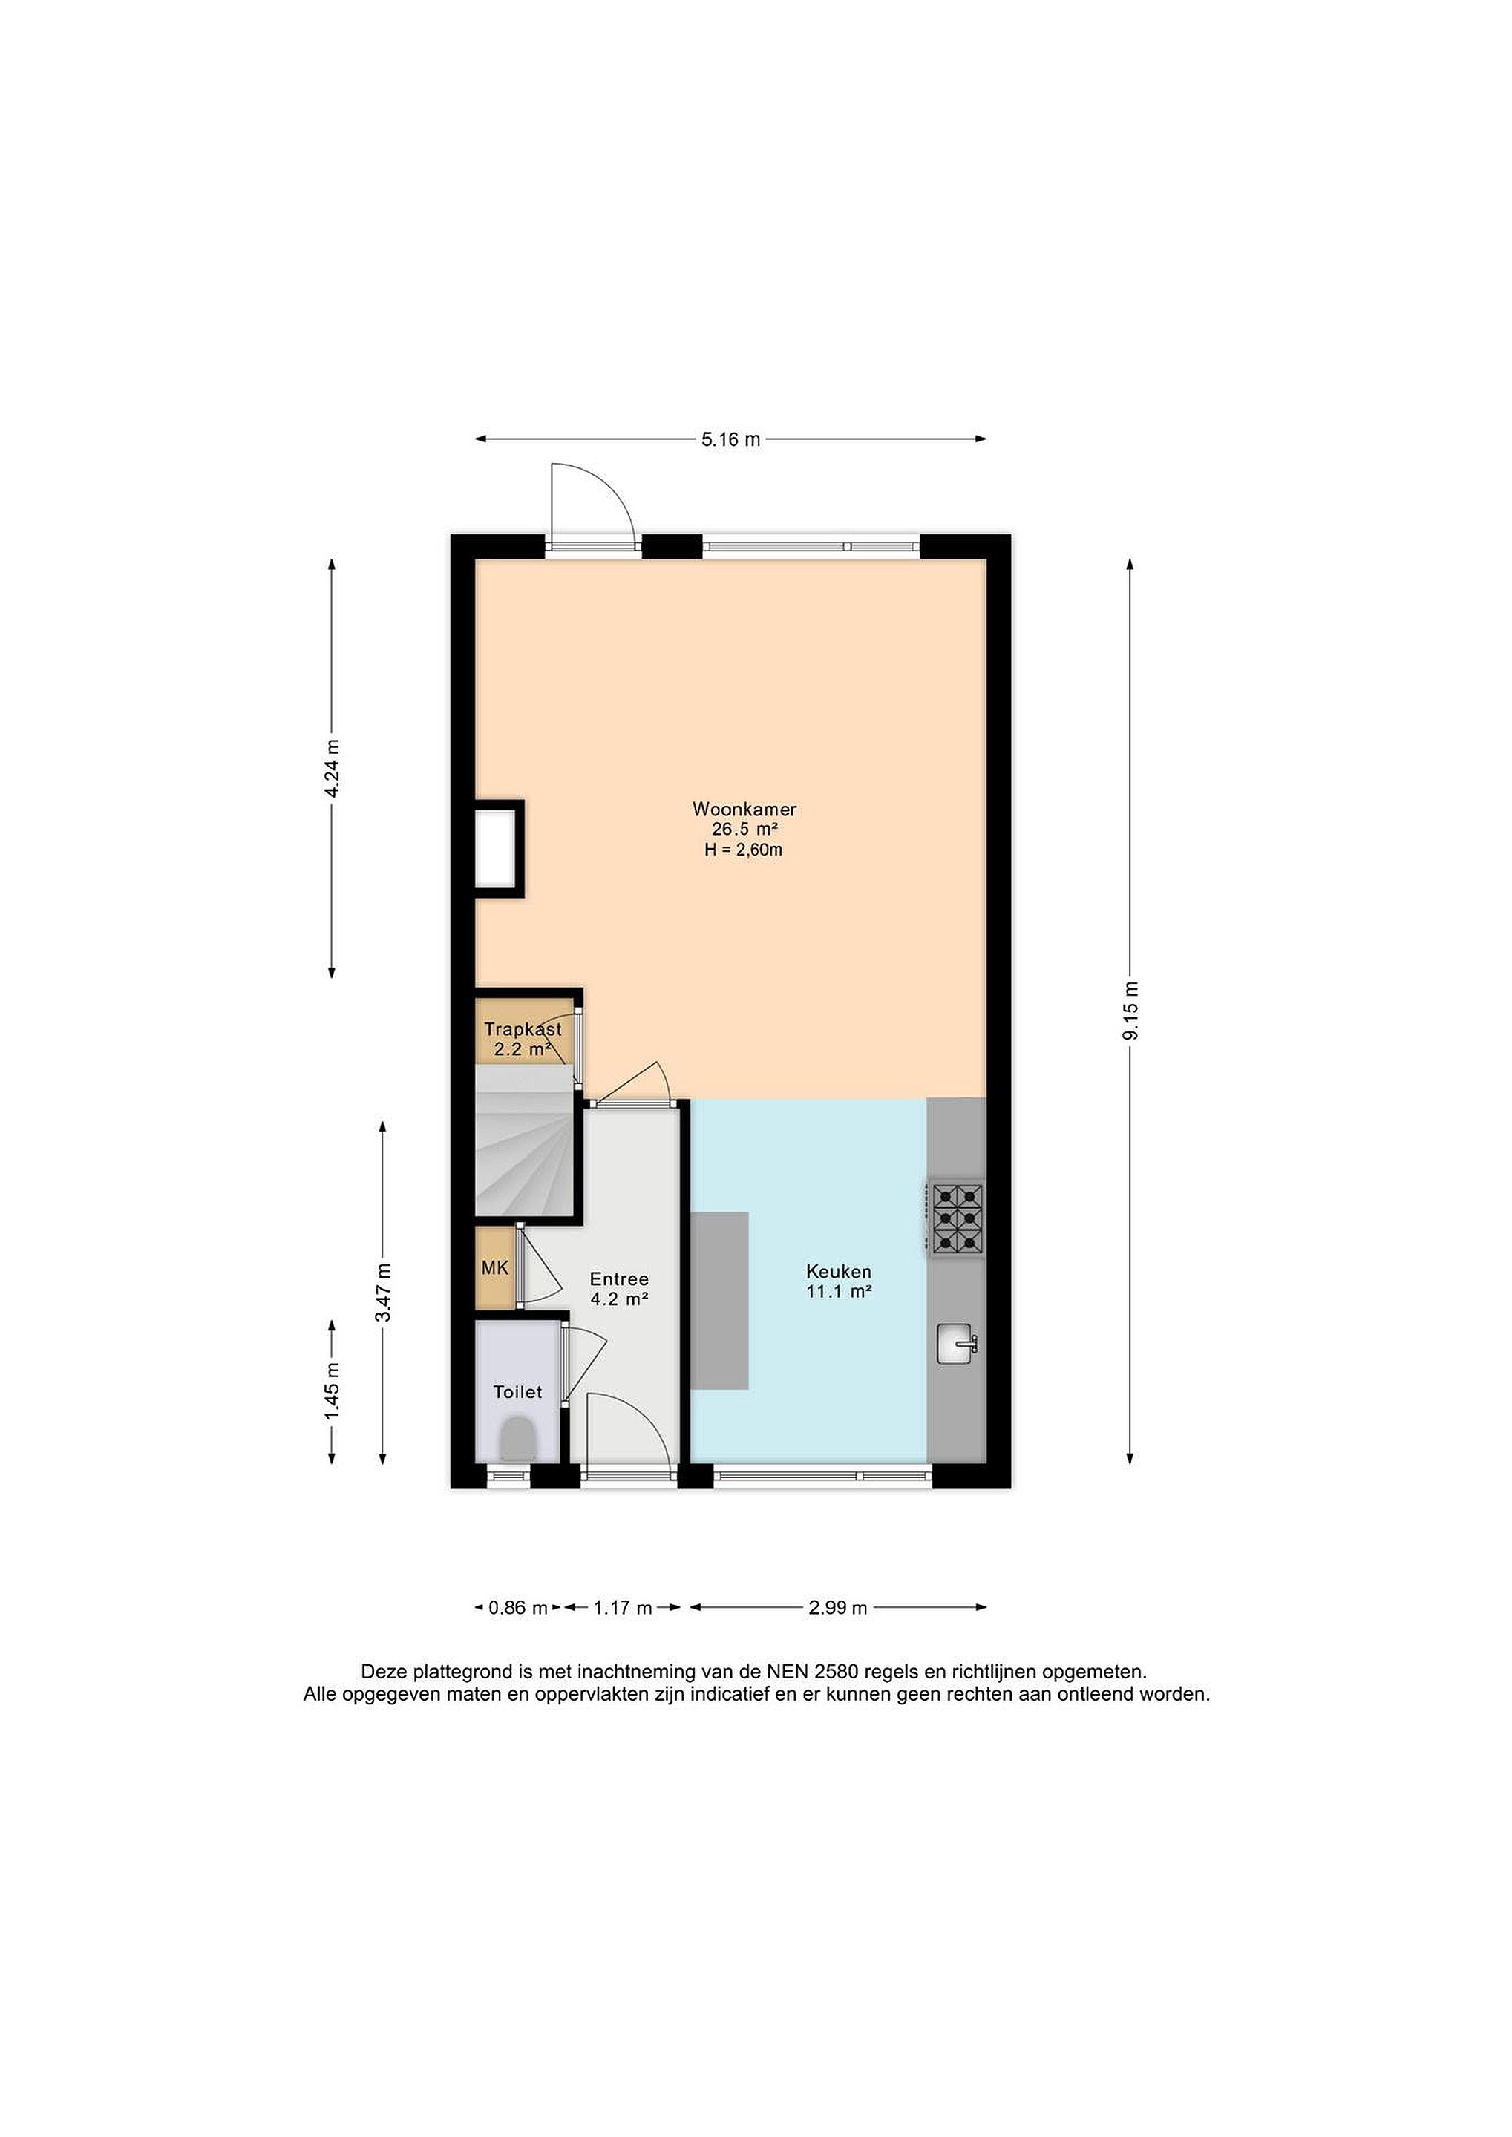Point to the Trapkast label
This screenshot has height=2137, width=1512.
[523, 1031]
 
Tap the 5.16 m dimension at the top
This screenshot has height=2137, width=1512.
[731, 439]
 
